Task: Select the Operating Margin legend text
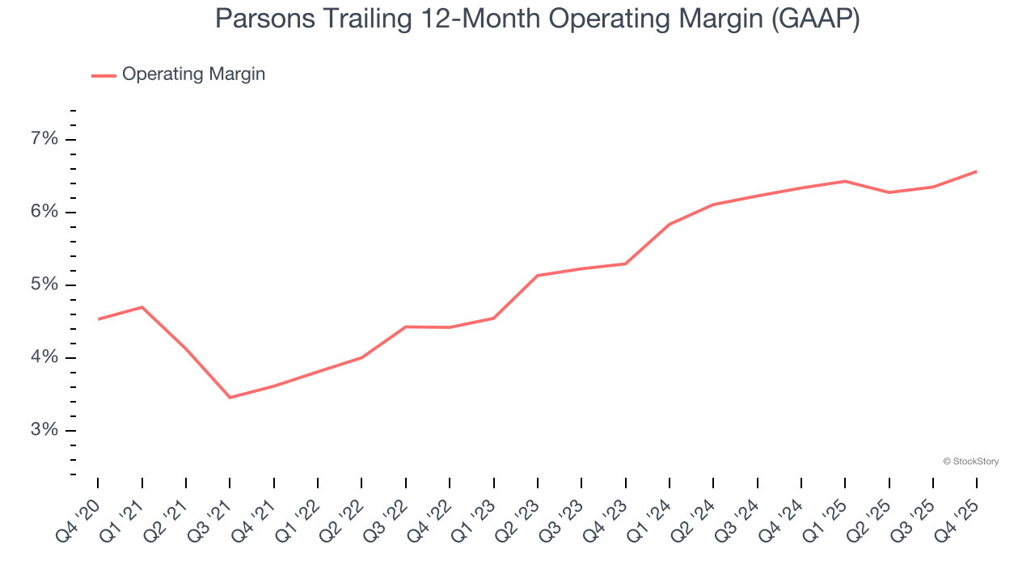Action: click(193, 74)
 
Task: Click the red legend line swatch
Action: click(103, 75)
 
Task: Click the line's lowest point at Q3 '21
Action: click(230, 398)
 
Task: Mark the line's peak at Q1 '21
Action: click(142, 307)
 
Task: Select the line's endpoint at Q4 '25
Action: click(977, 171)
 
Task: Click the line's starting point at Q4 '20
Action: click(98, 319)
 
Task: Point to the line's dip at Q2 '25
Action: click(889, 192)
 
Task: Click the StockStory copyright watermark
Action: click(970, 462)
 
